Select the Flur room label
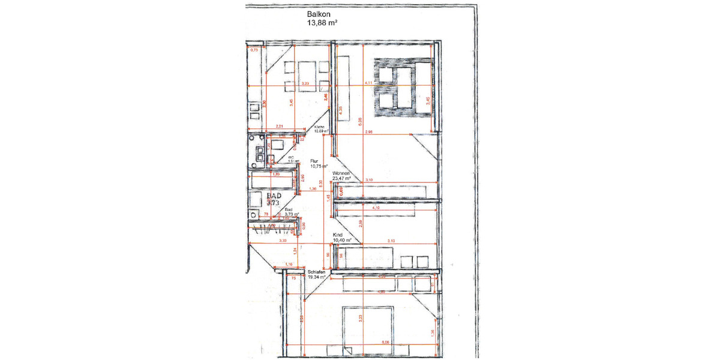click(314, 161)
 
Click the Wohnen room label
click(342, 173)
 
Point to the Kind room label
click(338, 235)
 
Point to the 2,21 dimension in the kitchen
click(279, 126)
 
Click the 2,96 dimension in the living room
click(368, 132)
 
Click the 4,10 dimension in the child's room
click(376, 208)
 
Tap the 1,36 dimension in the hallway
click(312, 190)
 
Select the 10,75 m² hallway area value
click(318, 167)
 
